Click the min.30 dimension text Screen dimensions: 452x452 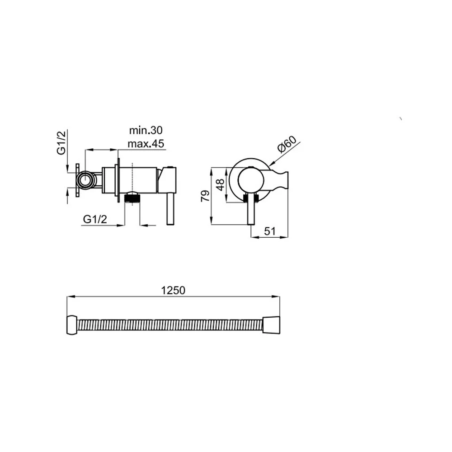pyautogui.click(x=146, y=130)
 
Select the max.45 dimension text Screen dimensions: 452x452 pyautogui.click(x=146, y=143)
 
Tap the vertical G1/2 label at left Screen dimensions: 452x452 pyautogui.click(x=61, y=142)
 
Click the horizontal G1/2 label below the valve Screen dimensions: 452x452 pyautogui.click(x=95, y=219)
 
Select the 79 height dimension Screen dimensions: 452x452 pyautogui.click(x=205, y=196)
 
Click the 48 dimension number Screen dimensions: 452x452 pyautogui.click(x=220, y=184)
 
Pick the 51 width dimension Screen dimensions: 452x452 pyautogui.click(x=270, y=231)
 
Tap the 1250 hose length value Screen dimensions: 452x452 pyautogui.click(x=173, y=290)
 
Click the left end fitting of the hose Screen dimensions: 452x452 pyautogui.click(x=72, y=325)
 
